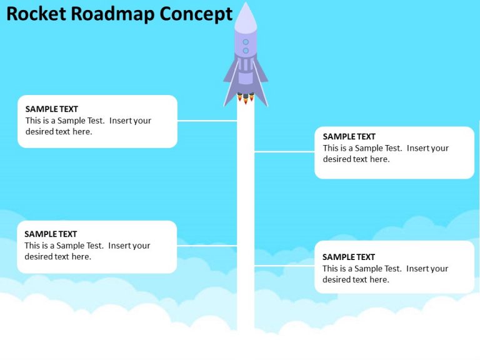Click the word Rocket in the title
(x=36, y=14)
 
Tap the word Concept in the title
(x=196, y=14)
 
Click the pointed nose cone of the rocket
(x=246, y=16)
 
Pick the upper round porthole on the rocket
(x=246, y=42)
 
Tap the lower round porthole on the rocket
(x=246, y=51)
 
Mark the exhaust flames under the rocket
(x=246, y=97)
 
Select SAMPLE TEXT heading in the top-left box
(x=52, y=109)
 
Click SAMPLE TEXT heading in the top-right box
(x=349, y=136)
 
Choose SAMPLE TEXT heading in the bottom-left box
(x=51, y=234)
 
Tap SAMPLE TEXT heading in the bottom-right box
(x=349, y=257)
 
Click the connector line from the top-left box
(x=207, y=121)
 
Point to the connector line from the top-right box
(x=284, y=151)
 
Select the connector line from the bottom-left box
(x=207, y=246)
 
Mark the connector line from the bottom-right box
(x=284, y=266)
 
